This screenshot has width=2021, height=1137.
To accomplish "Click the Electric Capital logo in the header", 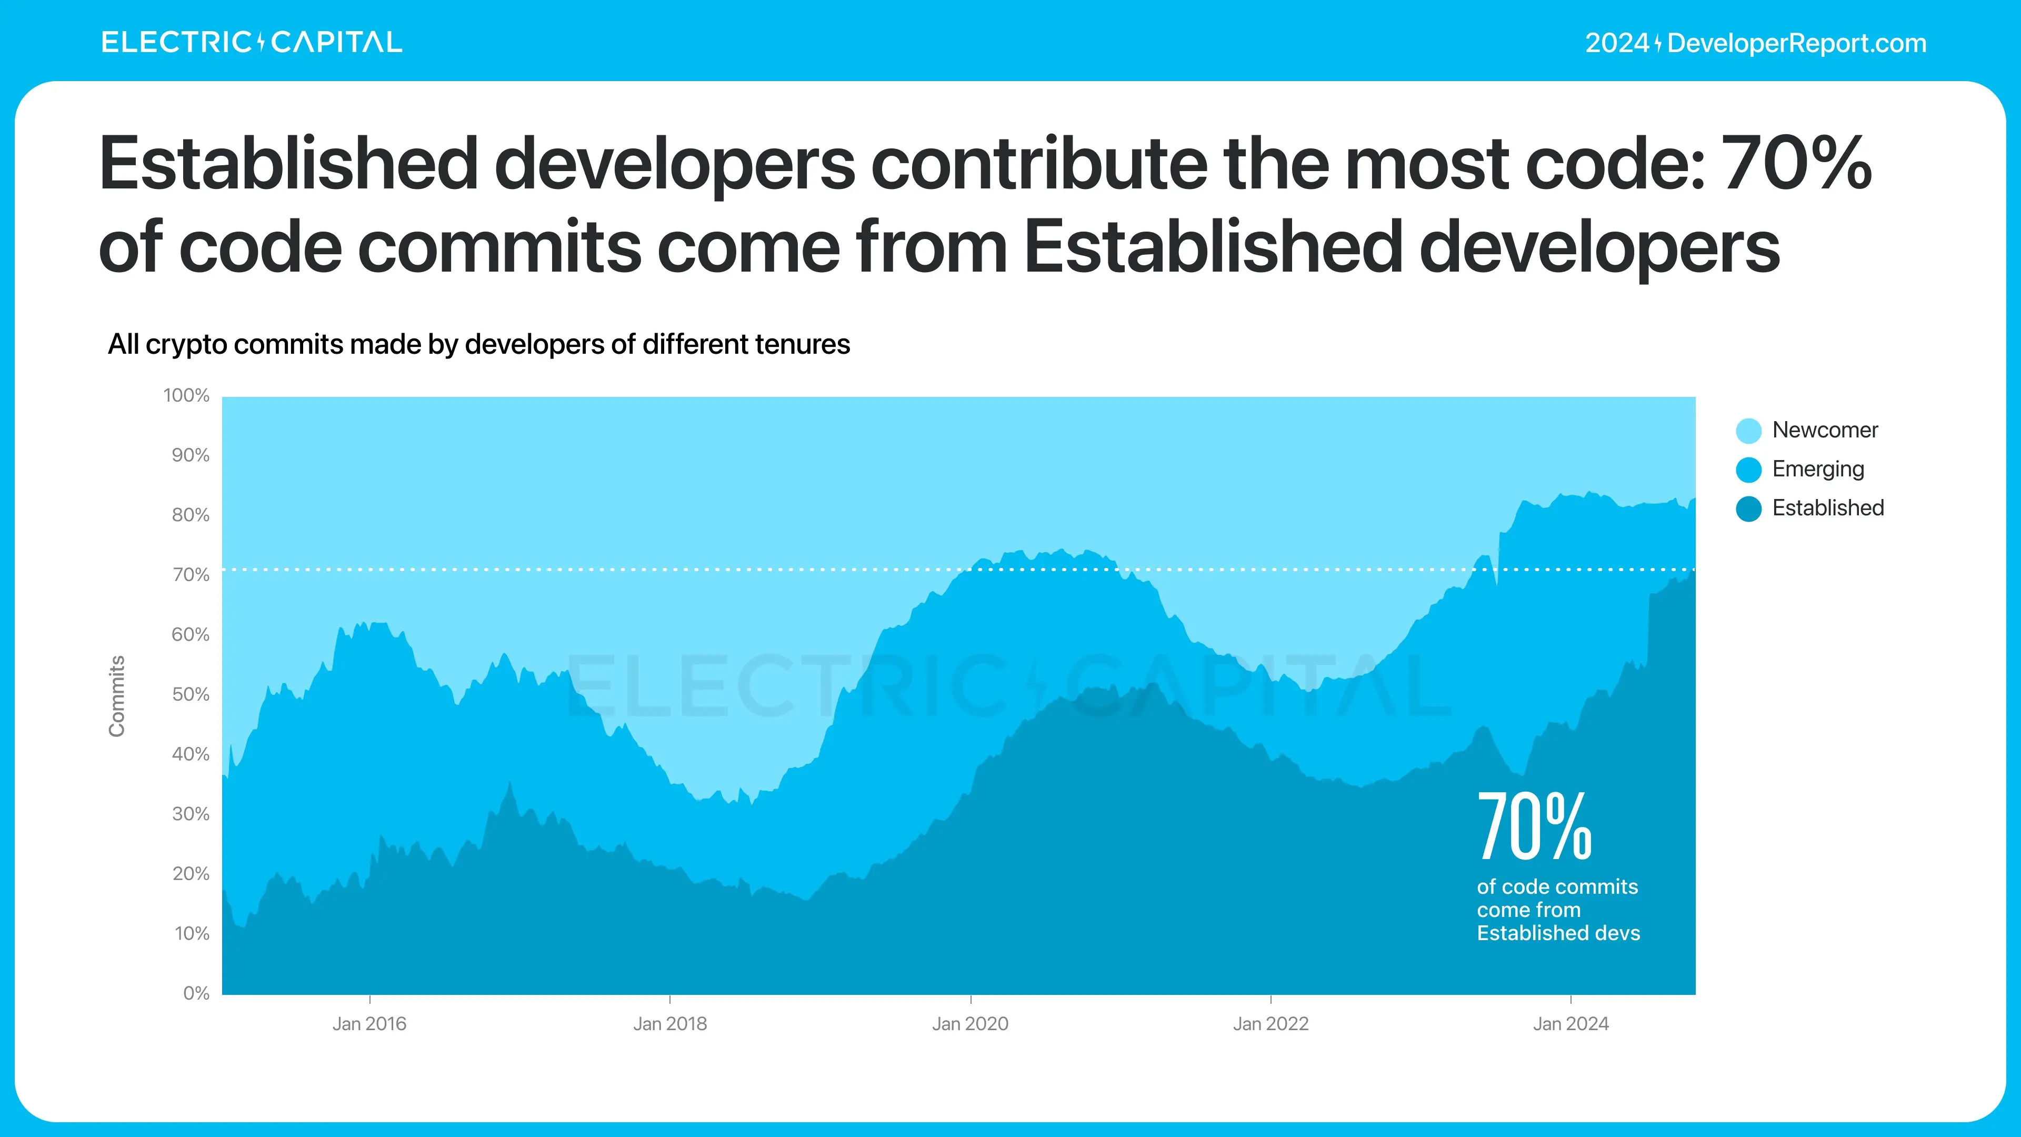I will [x=251, y=42].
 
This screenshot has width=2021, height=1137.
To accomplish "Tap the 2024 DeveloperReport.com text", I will [x=1756, y=43].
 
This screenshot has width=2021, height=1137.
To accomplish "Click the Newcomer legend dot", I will [x=1748, y=431].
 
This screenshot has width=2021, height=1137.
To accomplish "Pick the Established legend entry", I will [x=1827, y=508].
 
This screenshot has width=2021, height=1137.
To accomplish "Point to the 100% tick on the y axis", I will [x=187, y=395].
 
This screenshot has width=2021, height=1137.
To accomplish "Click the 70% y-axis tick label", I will [x=191, y=575].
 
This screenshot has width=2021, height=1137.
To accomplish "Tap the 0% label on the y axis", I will [x=196, y=993].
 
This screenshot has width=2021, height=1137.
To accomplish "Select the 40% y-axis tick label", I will [x=191, y=754].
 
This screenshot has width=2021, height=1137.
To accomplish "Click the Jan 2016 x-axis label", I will [x=369, y=1024].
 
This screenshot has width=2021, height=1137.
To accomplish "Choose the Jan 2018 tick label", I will [x=670, y=1024].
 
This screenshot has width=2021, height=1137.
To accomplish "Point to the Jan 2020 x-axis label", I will [x=971, y=1024].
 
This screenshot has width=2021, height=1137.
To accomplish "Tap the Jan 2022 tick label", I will [x=1271, y=1024].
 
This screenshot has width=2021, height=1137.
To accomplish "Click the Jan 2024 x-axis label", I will [x=1570, y=1024].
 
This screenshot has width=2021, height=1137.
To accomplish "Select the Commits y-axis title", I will [x=117, y=696].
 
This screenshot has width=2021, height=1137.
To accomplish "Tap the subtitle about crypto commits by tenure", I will [x=478, y=344].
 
